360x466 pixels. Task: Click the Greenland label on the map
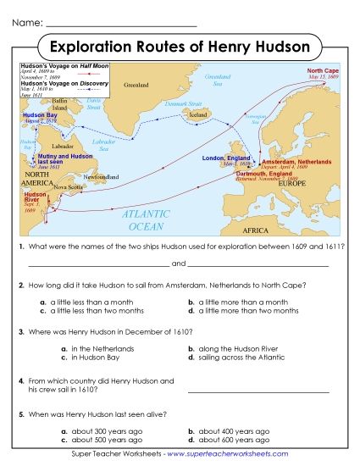click(136, 86)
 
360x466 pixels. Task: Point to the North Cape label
click(323, 71)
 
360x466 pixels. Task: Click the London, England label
click(226, 158)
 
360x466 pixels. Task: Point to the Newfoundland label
click(101, 176)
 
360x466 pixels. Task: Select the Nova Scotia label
click(69, 187)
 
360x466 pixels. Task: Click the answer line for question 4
click(258, 391)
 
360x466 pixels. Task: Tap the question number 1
click(21, 245)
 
